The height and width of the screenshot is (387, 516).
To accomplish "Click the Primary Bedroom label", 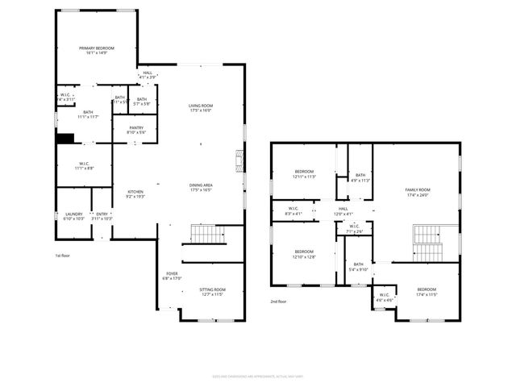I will click(96, 51).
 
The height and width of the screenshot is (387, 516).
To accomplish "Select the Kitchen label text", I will click(135, 193).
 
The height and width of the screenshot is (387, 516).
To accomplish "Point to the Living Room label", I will click(200, 108).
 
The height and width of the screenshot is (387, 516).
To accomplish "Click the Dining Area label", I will click(200, 187).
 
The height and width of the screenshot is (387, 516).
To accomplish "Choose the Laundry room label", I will click(73, 216).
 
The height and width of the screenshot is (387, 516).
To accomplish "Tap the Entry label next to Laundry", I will click(102, 216).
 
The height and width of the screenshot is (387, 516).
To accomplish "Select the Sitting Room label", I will click(212, 292).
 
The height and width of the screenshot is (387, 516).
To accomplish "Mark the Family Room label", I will click(417, 192).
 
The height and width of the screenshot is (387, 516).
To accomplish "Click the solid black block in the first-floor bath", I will click(65, 138).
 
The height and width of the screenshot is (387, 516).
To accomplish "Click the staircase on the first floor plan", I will click(207, 235).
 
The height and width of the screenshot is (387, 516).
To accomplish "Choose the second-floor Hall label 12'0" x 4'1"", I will click(343, 211).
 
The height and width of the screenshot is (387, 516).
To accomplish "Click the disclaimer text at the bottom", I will click(257, 375).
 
